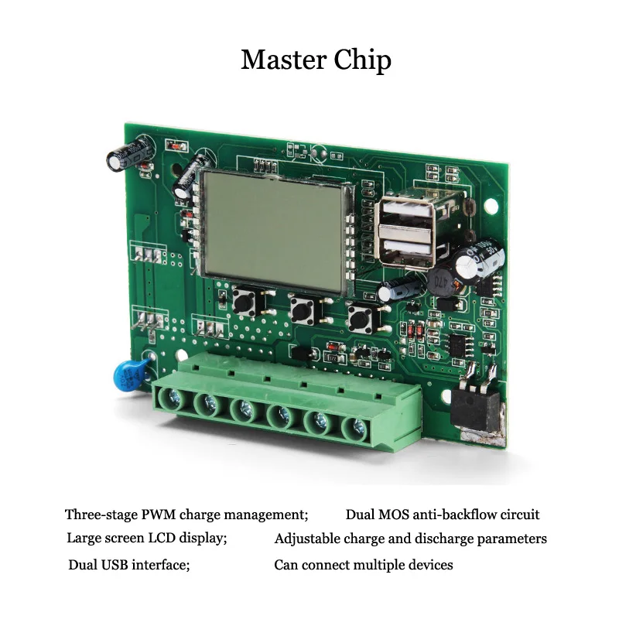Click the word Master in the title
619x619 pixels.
[x=284, y=60]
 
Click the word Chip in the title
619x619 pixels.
[x=363, y=61]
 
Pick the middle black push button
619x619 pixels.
[x=302, y=309]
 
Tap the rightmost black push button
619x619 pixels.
[x=360, y=318]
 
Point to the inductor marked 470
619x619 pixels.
[x=441, y=281]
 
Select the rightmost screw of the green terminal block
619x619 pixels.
[x=357, y=429]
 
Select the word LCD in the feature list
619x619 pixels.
[x=162, y=538]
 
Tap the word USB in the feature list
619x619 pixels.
[x=115, y=565]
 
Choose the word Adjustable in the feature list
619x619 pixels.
[x=307, y=539]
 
